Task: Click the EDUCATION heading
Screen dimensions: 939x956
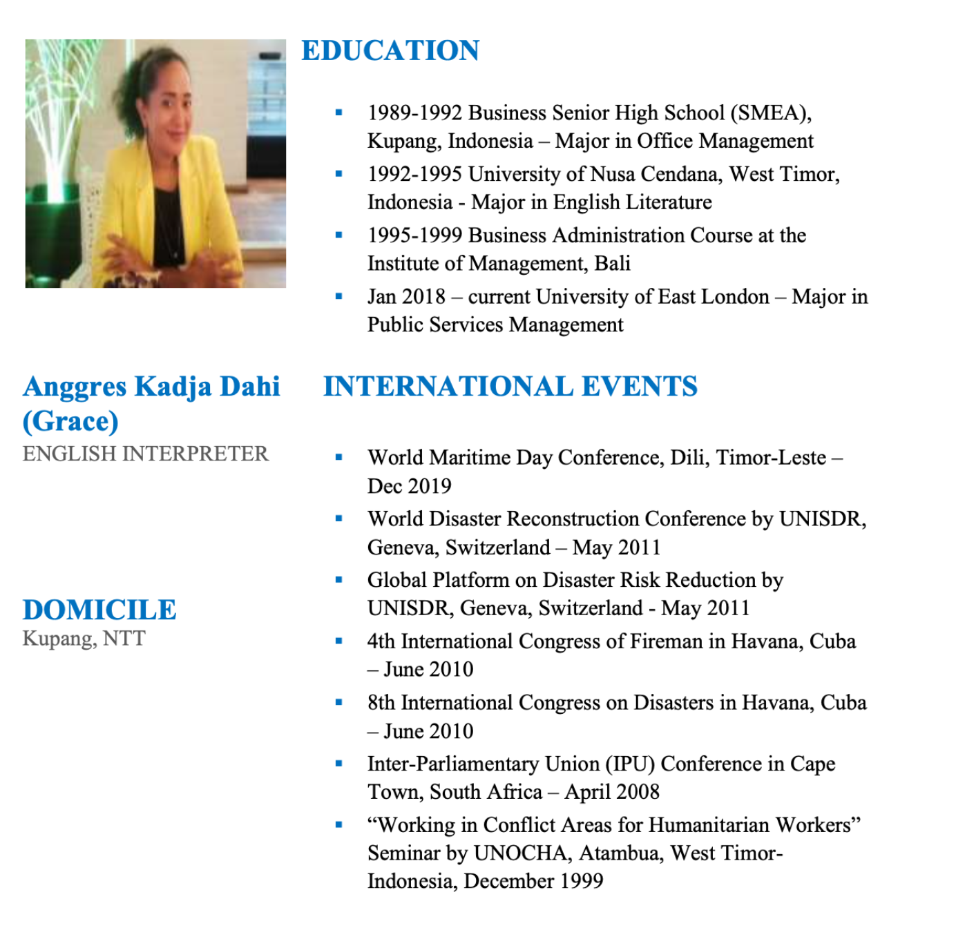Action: click(x=390, y=50)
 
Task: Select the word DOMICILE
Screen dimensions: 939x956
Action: click(x=99, y=610)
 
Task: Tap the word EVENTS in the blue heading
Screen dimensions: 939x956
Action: click(x=639, y=386)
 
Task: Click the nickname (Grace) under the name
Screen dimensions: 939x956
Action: click(x=70, y=421)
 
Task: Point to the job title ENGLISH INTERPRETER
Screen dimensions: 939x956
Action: click(x=145, y=454)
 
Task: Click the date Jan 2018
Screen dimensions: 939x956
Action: click(x=406, y=296)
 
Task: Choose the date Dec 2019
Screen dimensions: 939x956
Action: click(x=409, y=486)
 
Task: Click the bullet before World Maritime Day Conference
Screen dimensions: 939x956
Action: click(x=338, y=457)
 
